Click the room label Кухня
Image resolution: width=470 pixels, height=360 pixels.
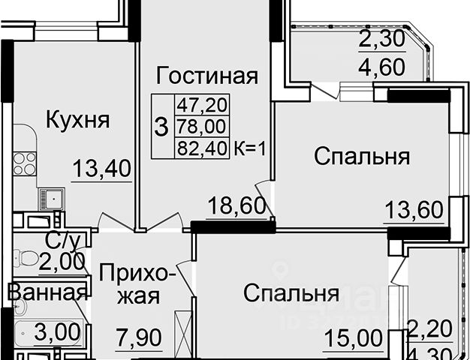click(x=77, y=119)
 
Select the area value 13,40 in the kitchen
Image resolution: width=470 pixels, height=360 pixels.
click(x=102, y=169)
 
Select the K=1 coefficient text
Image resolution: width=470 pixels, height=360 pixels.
click(x=250, y=148)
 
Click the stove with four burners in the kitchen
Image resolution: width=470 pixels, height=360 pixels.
click(x=25, y=164)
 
